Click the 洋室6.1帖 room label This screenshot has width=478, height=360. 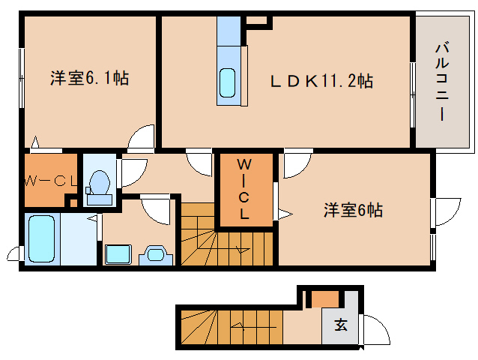point(89,79)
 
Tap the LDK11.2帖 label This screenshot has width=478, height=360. point(321,81)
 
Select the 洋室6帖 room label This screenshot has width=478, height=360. point(353,210)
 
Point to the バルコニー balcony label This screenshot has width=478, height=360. point(442,82)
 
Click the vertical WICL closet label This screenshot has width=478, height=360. point(244,190)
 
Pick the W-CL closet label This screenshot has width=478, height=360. point(51,181)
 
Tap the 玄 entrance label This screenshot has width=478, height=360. point(341,325)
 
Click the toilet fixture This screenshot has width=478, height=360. point(98,187)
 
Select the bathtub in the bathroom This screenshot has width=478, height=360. point(42,239)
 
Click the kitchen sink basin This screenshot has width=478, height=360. point(228,83)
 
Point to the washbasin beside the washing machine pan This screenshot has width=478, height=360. point(156,255)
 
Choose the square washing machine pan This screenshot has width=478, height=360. point(118,253)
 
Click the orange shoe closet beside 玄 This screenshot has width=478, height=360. point(325,299)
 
